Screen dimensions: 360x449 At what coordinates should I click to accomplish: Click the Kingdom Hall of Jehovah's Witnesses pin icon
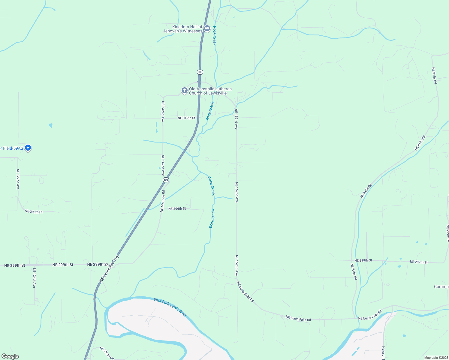click(207, 28)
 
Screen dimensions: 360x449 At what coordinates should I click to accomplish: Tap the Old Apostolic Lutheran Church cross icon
click(184, 90)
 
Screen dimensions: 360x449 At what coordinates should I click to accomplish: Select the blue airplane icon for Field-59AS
click(28, 148)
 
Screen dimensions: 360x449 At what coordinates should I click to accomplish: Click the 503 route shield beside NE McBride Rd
click(166, 180)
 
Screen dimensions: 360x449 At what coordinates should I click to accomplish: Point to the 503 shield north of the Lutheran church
click(200, 72)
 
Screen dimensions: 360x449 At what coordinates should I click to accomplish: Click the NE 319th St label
click(186, 118)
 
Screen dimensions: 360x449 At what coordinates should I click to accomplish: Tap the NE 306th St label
click(177, 209)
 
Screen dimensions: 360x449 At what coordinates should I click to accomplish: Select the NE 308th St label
click(34, 211)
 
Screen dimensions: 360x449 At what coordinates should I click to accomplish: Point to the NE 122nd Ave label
click(18, 179)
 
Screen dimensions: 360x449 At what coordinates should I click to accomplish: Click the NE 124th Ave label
click(34, 278)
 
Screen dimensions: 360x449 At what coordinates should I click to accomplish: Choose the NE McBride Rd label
click(162, 201)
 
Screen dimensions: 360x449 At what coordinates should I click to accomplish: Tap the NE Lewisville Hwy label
click(109, 268)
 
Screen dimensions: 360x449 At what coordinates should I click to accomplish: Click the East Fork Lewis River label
click(170, 307)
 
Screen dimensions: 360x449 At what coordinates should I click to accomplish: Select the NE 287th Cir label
click(107, 353)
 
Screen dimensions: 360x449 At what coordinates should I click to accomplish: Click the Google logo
click(10, 356)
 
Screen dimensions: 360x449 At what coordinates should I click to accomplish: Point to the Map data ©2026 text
click(435, 358)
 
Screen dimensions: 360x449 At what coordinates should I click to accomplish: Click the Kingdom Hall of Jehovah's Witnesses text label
click(183, 29)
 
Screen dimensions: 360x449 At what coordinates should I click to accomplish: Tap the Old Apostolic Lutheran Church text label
click(210, 91)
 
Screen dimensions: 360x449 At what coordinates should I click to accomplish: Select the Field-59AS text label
click(11, 148)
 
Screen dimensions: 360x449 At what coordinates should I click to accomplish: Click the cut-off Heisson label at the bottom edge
click(383, 353)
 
